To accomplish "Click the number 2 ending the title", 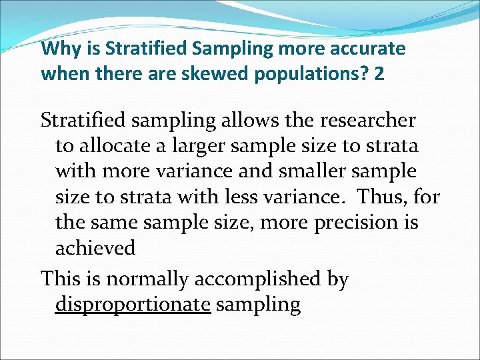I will pyautogui.click(x=379, y=73).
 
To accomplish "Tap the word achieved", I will pyautogui.click(x=95, y=248).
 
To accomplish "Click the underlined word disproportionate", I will pyautogui.click(x=133, y=305).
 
